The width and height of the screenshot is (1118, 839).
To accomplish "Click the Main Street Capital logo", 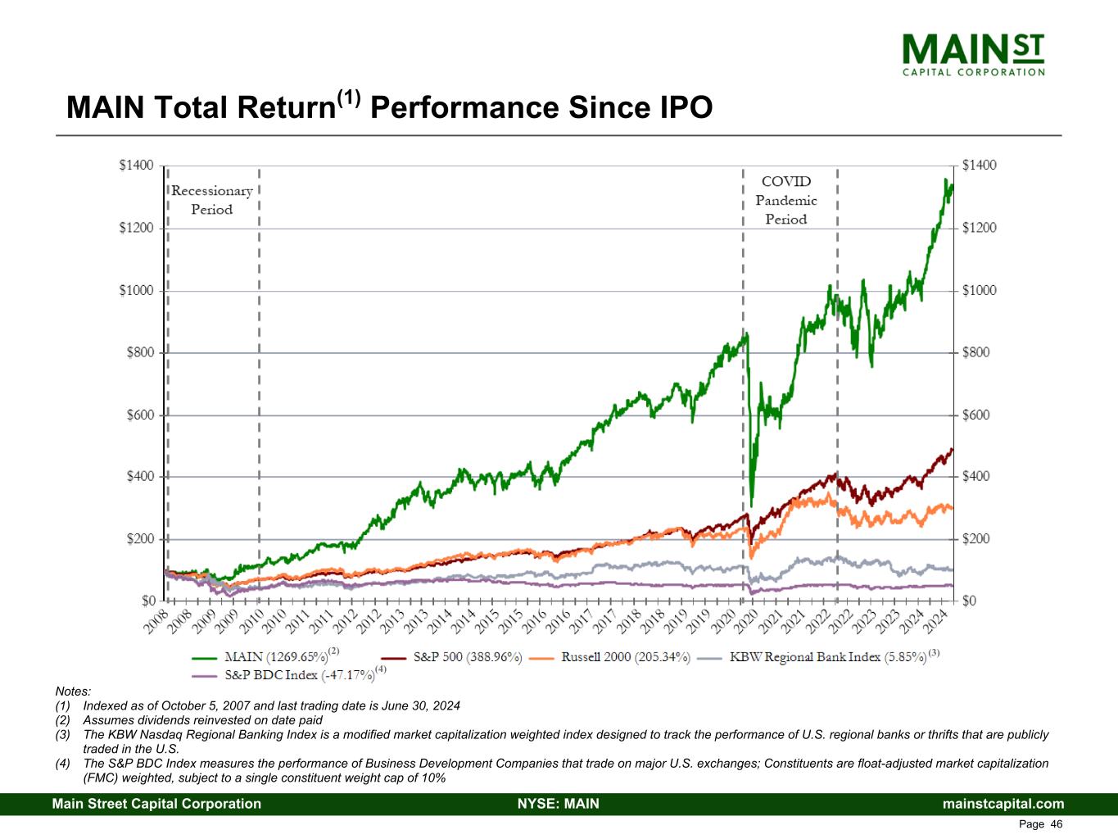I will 972,53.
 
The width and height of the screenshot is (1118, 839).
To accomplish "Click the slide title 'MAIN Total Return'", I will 389,107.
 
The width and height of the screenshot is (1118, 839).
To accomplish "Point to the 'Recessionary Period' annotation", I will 211,200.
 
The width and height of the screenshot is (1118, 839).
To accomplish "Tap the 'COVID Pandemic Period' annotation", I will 785,200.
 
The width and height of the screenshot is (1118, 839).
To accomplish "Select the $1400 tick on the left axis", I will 136,166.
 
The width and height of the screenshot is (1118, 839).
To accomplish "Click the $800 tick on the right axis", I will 979,352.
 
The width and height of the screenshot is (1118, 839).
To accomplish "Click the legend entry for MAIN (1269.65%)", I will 269,656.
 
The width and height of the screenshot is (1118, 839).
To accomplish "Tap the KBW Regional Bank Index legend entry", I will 827,656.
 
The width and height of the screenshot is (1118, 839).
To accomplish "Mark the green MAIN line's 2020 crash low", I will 752,505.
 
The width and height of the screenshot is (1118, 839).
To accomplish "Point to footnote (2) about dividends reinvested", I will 202,720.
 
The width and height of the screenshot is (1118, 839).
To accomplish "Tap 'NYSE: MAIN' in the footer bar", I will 559,804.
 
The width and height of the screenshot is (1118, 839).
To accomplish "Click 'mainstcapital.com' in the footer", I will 1003,804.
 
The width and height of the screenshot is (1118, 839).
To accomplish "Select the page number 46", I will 1057,824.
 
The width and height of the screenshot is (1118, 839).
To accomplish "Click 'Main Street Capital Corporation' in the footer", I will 156,804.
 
